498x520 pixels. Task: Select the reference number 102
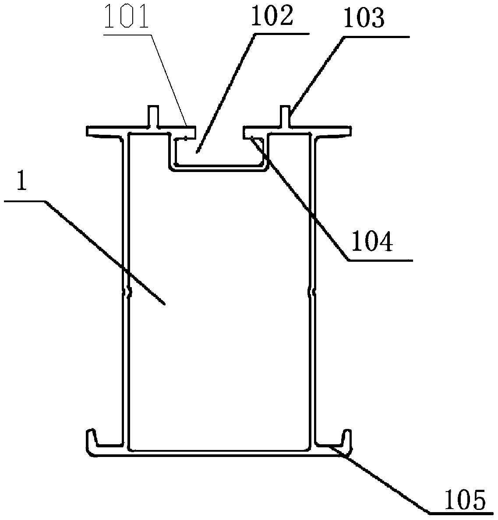click(272, 16)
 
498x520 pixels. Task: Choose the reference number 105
click(465, 499)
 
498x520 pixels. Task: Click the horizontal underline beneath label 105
click(460, 511)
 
